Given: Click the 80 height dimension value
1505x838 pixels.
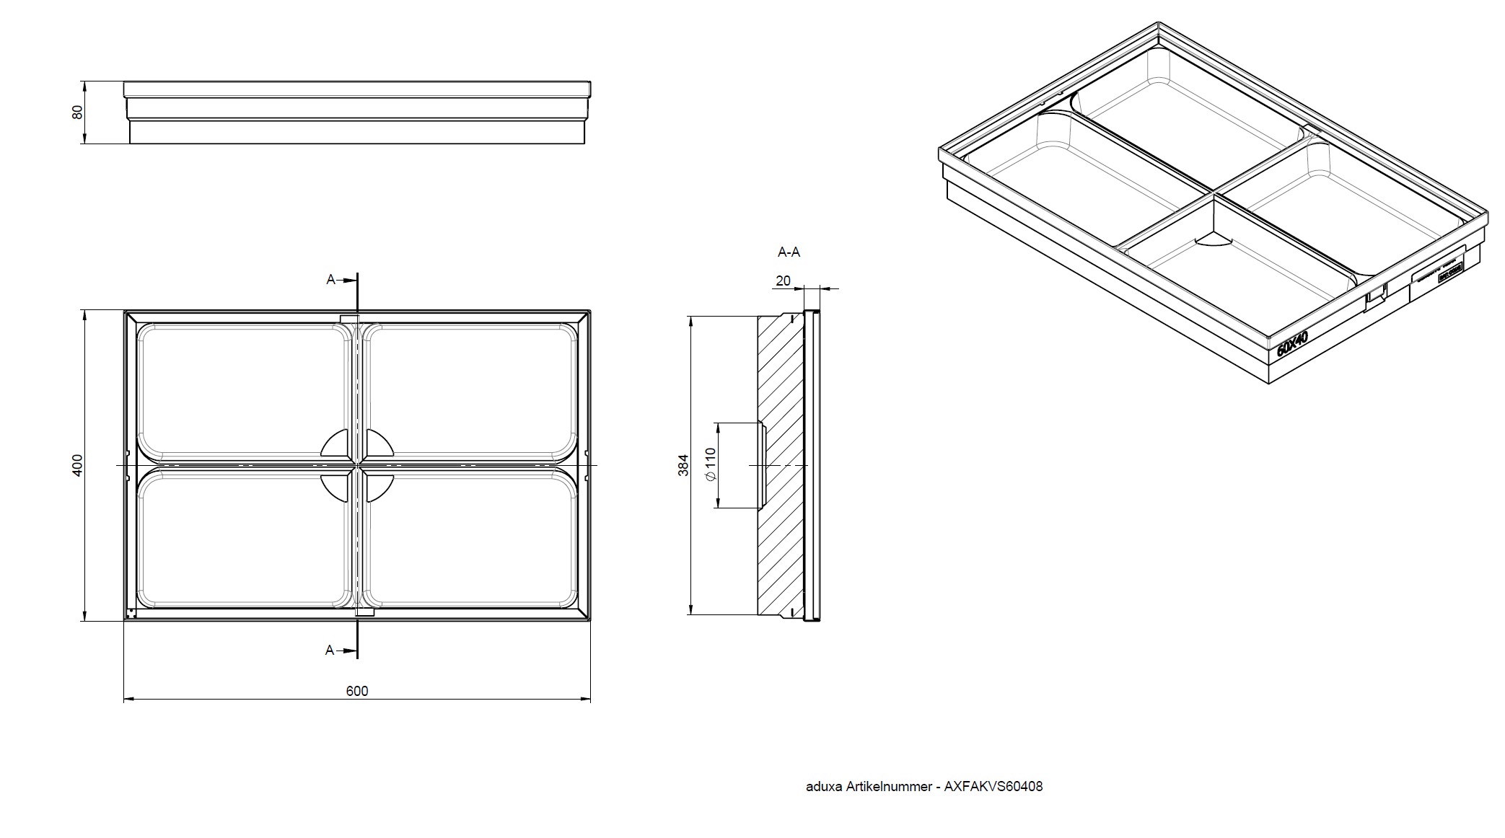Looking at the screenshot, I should coord(78,113).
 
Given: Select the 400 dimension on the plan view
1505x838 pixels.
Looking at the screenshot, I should coord(78,464).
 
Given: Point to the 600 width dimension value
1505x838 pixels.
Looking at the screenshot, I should coord(356,691).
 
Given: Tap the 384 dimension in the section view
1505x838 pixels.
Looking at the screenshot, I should coord(684,464).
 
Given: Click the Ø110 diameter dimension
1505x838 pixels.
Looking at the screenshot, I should coord(710,464).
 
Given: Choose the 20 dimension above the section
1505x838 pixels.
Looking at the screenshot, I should coord(783,281).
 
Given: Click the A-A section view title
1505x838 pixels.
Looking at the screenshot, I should coord(788,252).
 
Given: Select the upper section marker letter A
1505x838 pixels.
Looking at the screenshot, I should coord(331,279).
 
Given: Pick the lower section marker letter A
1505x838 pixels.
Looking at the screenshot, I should coord(330,650).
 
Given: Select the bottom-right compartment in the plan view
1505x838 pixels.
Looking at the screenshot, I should coord(473,537).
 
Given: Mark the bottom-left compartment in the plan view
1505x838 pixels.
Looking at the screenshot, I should coord(244,537).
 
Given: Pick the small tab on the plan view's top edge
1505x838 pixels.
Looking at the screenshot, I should coord(349,319).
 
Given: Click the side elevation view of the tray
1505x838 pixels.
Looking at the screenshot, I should coord(357,113).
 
